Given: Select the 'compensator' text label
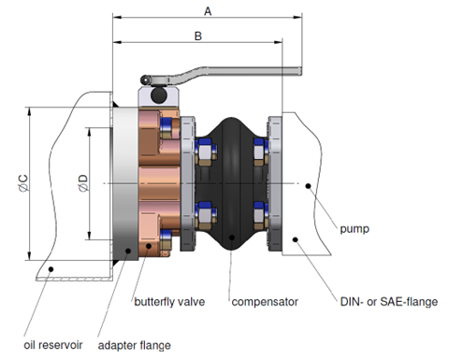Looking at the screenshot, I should (265, 302).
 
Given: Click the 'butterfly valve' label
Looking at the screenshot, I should (169, 302).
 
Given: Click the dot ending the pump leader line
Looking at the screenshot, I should (308, 185).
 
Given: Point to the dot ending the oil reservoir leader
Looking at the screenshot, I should (52, 269).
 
